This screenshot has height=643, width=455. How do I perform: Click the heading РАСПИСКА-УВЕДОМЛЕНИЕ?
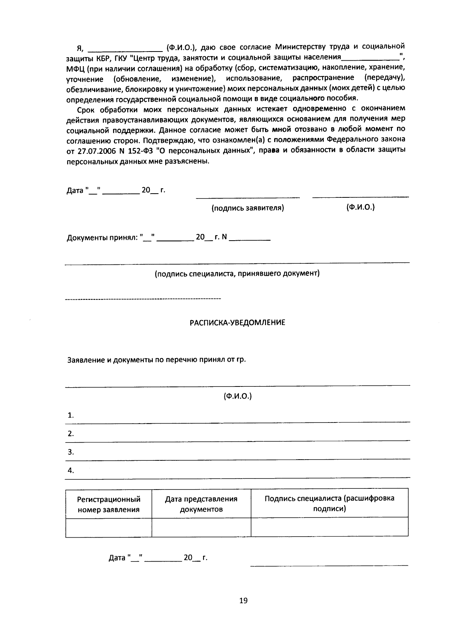click(x=237, y=323)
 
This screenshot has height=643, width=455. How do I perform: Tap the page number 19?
click(x=243, y=600)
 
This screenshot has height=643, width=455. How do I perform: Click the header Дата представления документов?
click(x=201, y=504)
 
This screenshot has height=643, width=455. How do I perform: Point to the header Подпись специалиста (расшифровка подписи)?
click(x=329, y=503)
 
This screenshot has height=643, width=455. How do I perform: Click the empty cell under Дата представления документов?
click(x=201, y=527)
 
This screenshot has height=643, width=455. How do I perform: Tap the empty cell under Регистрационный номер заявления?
click(x=108, y=527)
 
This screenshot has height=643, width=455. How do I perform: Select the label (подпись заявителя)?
click(x=248, y=208)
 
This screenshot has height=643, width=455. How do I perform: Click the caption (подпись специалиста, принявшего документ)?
click(x=237, y=273)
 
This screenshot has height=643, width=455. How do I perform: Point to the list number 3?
click(x=71, y=452)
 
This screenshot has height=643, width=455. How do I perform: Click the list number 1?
click(x=71, y=415)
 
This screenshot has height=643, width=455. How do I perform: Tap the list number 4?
click(x=71, y=471)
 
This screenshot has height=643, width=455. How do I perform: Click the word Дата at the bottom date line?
click(x=117, y=558)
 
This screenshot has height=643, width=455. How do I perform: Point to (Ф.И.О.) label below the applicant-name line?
click(x=237, y=396)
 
